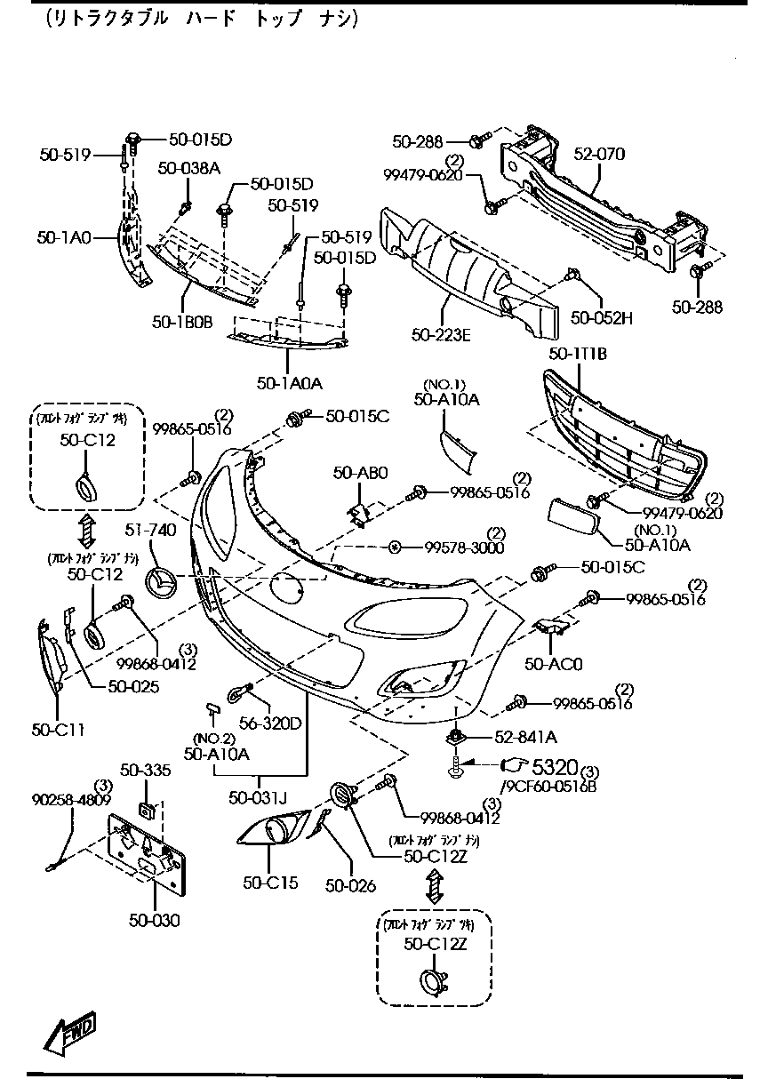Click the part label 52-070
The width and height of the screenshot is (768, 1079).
(x=599, y=155)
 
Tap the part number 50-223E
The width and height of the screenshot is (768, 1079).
(x=441, y=334)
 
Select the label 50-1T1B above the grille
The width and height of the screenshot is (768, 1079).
(x=578, y=354)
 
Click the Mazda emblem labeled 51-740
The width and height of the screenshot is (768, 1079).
(x=162, y=584)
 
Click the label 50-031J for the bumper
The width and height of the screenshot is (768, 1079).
(x=258, y=797)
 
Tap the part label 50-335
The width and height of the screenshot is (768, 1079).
(x=145, y=770)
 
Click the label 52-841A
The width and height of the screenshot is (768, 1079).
(x=525, y=737)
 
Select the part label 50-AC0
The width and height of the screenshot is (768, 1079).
(x=553, y=663)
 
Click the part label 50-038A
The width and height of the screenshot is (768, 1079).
(x=189, y=167)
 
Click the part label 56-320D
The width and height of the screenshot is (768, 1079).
(x=270, y=722)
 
